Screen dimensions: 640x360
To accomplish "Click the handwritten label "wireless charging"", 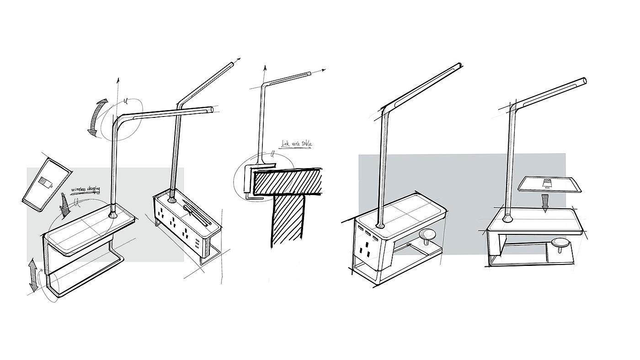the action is [x=85, y=189].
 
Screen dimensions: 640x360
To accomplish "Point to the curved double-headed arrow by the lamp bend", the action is [x=98, y=117].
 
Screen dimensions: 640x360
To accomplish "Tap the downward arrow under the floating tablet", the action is [x=545, y=202].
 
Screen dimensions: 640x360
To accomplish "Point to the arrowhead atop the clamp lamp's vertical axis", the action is [x=264, y=67].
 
